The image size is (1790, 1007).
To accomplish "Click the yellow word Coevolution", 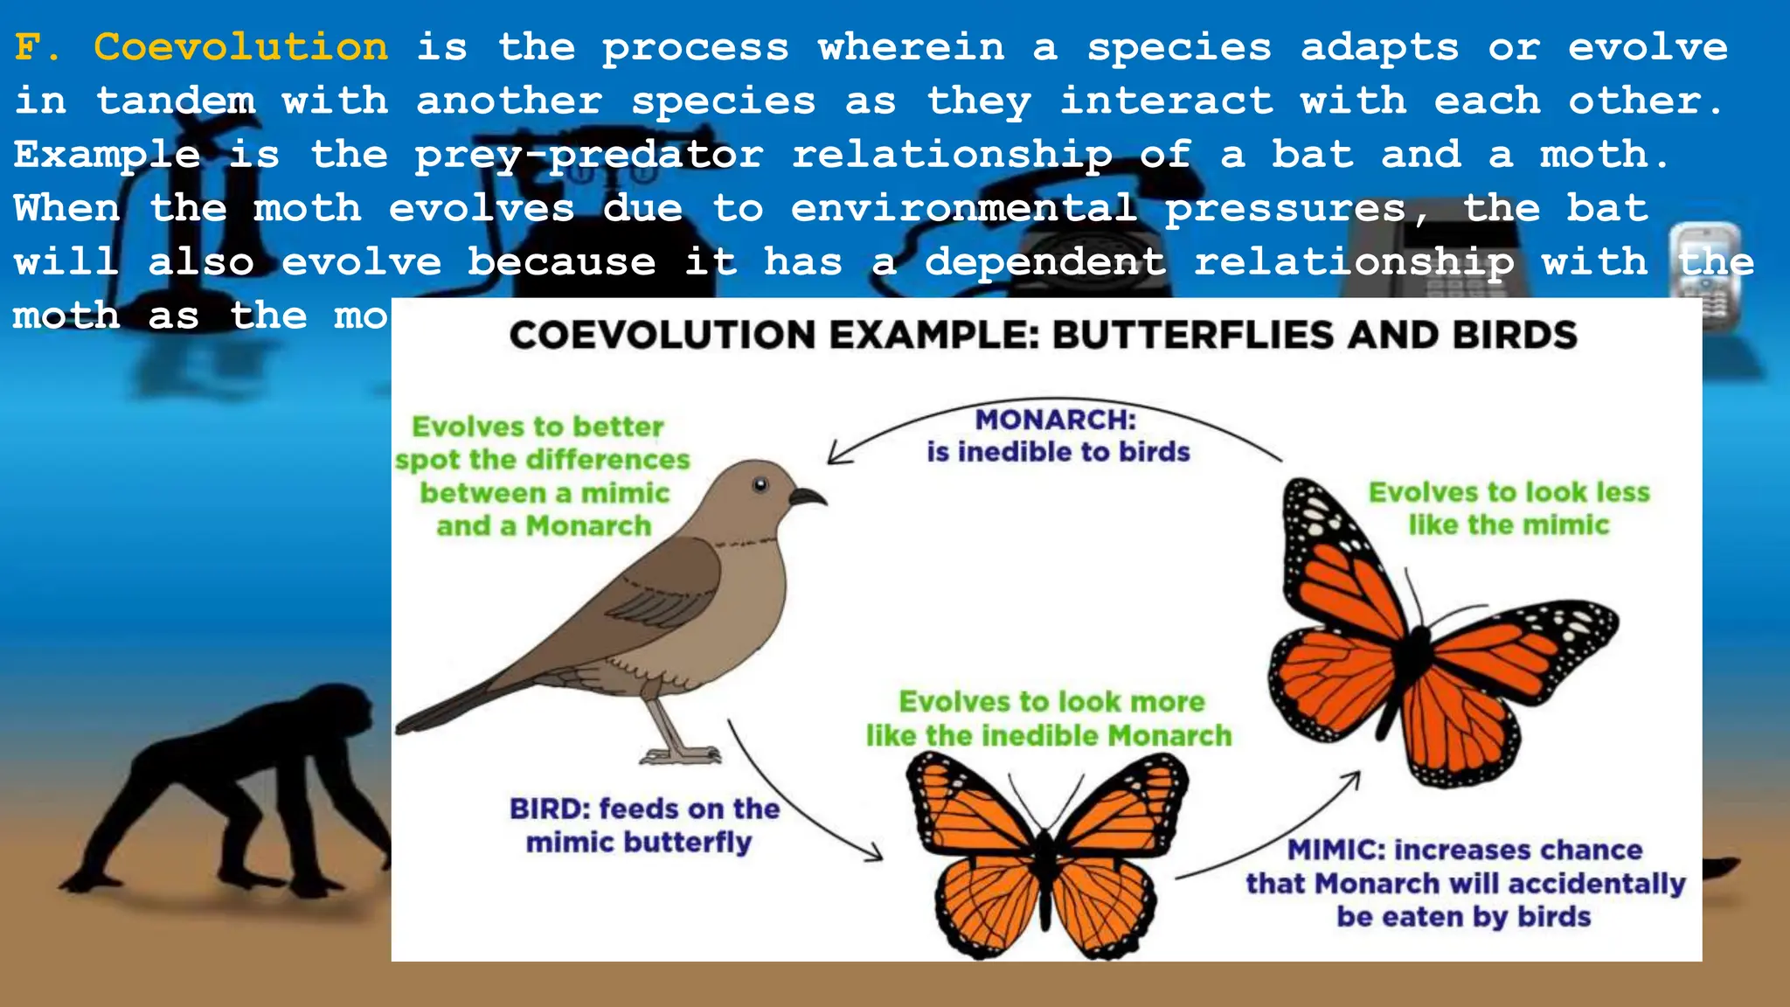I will click(240, 46).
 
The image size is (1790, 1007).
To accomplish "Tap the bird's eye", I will click(760, 484).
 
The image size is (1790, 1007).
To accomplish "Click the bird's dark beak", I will click(808, 497).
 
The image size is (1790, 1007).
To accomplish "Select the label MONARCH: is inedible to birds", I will click(1058, 435).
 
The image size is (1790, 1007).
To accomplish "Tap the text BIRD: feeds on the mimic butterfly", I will click(643, 825).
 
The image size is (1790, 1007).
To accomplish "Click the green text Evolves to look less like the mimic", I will click(1509, 508).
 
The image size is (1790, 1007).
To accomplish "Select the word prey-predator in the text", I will click(588, 155).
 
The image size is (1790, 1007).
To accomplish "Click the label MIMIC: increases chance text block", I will click(1465, 883).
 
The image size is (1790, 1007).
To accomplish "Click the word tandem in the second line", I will click(176, 101).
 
